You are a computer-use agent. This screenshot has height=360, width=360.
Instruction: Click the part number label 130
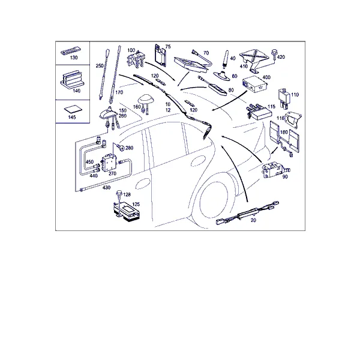tap(74, 58)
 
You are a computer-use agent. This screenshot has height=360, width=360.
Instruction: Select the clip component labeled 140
tap(70, 80)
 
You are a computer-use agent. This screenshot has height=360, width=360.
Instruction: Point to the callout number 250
tap(100, 66)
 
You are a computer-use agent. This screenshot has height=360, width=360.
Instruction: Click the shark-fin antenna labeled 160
tap(145, 102)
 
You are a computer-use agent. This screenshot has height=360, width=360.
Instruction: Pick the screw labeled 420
tap(274, 54)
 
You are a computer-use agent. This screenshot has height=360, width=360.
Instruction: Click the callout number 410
tap(244, 67)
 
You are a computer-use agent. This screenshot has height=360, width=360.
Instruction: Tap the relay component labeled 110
tap(284, 98)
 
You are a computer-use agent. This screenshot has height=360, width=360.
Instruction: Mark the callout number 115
tap(271, 107)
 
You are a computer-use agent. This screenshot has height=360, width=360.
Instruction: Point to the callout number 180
tap(284, 133)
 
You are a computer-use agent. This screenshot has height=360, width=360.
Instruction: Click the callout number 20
tap(253, 220)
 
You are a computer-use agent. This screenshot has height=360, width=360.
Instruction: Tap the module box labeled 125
tap(126, 211)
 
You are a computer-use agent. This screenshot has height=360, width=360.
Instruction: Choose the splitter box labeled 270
tap(110, 163)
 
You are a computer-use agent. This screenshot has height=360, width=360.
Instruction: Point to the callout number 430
tap(106, 188)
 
